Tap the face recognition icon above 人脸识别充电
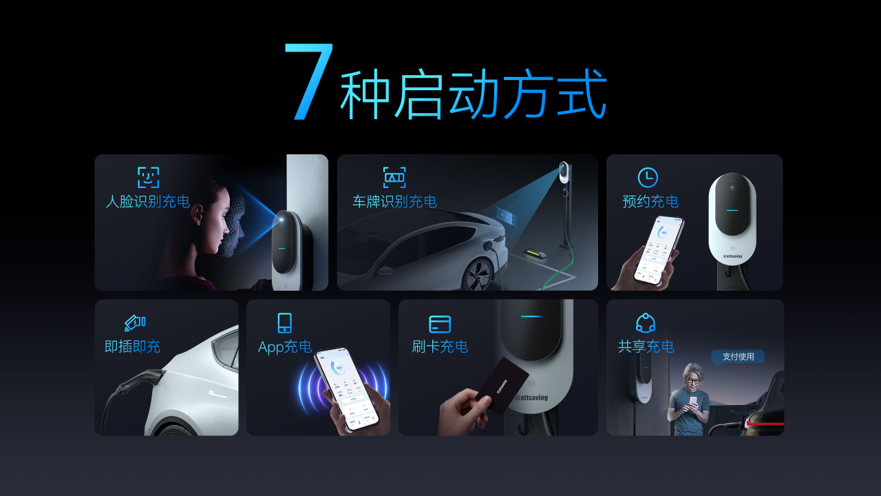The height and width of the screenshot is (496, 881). (148, 177)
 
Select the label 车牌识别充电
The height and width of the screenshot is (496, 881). (394, 202)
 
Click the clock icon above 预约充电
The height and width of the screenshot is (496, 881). (648, 177)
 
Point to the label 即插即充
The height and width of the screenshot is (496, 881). (132, 347)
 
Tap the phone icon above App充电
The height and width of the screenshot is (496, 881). (284, 323)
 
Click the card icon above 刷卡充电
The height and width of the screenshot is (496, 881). (440, 324)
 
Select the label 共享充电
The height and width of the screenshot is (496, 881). (646, 347)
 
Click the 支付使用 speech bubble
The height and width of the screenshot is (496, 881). (738, 357)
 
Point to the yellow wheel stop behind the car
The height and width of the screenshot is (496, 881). (533, 253)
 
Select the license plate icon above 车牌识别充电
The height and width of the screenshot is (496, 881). (394, 177)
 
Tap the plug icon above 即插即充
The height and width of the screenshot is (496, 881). (134, 322)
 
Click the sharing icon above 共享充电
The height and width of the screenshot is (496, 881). (646, 323)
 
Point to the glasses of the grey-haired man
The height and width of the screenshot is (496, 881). (694, 380)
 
